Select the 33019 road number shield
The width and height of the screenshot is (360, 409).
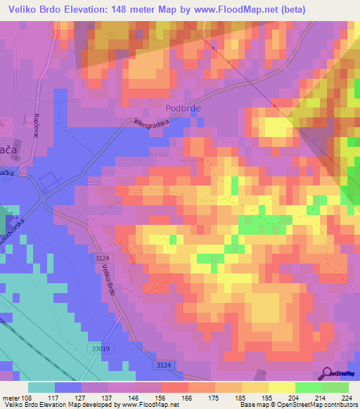point(101,349)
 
